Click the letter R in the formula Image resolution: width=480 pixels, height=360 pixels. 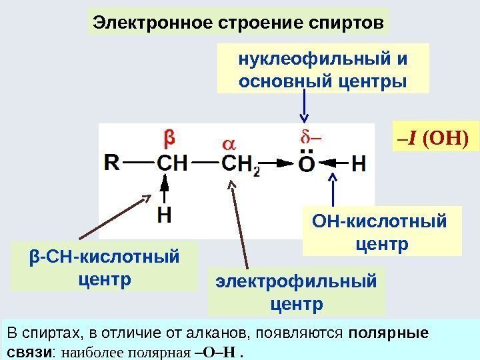point(113,162)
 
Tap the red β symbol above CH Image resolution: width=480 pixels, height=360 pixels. point(169,138)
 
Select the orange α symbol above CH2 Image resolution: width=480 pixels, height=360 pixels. point(229,144)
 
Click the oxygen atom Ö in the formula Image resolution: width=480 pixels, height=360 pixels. point(306,163)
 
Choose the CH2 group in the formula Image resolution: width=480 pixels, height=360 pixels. point(239,164)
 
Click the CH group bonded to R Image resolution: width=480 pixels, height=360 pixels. point(172,163)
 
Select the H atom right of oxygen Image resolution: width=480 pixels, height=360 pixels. point(358,163)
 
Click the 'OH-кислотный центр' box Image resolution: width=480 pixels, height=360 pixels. point(382,231)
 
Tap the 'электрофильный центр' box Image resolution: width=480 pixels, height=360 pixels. point(297,291)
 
